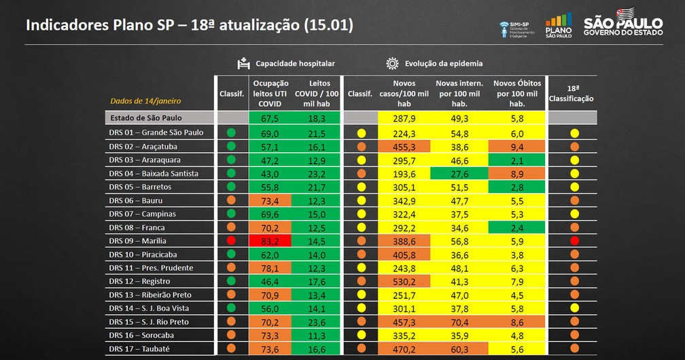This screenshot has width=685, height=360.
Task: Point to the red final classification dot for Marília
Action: (574, 241)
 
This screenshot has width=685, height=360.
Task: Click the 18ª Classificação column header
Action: (574, 93)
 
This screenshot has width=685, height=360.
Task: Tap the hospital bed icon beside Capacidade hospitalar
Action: (244, 63)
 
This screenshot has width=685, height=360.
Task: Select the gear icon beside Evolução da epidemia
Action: (392, 63)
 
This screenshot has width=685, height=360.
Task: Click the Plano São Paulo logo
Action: (558, 26)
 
